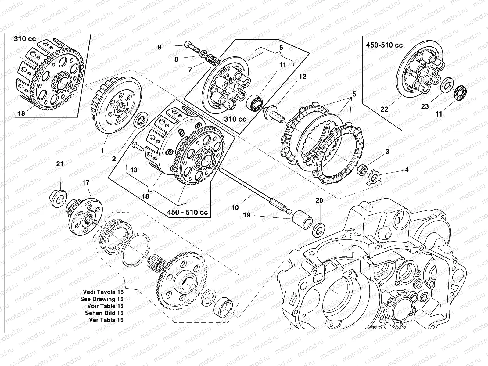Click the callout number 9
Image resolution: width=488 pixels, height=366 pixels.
(159, 47)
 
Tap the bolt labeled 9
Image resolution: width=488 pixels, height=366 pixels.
(192, 48)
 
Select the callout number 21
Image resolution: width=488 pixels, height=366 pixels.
(60, 164)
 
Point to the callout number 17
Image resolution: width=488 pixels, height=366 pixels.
(86, 183)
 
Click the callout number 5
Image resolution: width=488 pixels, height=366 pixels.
(354, 94)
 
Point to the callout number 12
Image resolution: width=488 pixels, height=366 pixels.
(302, 76)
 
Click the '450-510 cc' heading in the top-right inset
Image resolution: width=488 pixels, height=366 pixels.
(384, 45)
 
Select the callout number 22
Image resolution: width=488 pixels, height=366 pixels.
(384, 109)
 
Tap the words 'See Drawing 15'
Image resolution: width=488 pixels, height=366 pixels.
(102, 299)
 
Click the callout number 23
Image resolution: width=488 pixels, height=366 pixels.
(425, 106)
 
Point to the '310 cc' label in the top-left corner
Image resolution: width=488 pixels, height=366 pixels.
(25, 39)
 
